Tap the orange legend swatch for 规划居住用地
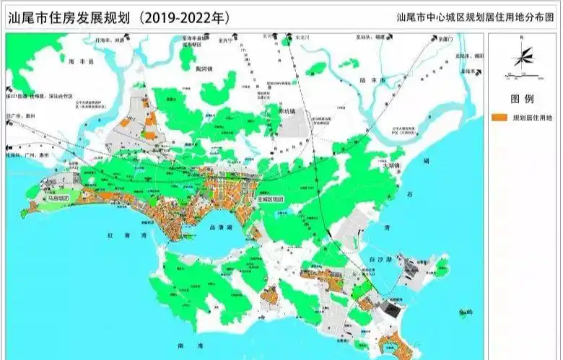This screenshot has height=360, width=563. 499,117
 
